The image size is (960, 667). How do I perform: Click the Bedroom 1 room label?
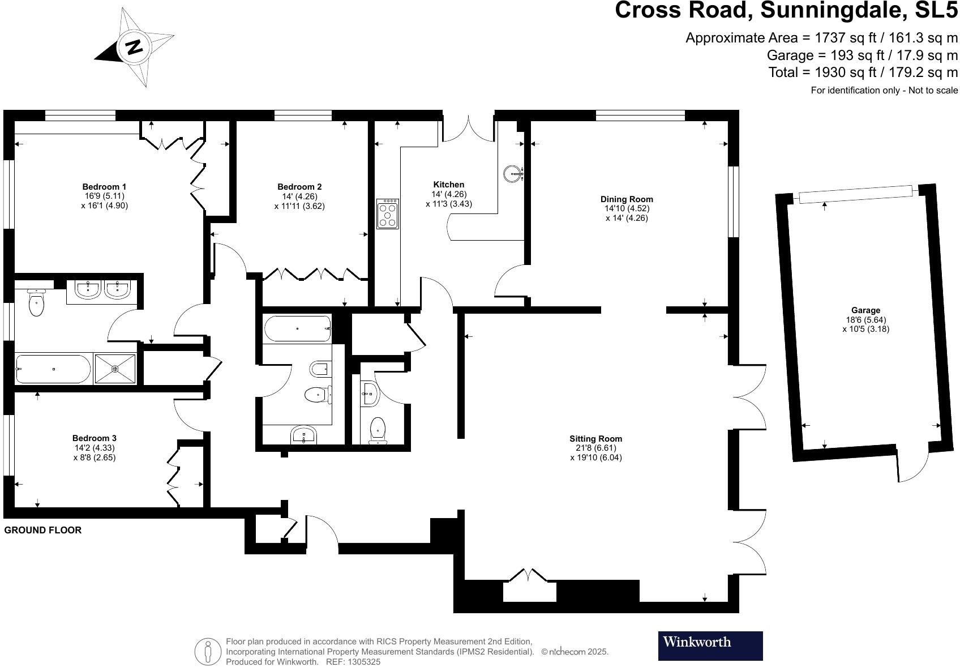[104, 187]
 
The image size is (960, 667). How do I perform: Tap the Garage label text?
[865, 310]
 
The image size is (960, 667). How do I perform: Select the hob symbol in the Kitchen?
[388, 213]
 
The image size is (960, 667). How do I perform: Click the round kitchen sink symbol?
[512, 173]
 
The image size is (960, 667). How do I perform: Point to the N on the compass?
[135, 46]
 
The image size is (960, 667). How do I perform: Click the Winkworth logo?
[710, 645]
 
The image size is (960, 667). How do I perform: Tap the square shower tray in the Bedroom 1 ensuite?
[115, 369]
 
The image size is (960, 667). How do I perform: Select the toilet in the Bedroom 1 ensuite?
[36, 304]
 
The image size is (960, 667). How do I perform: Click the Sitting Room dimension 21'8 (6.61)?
[595, 448]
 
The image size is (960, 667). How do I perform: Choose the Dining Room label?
[627, 199]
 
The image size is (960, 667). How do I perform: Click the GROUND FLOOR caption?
[43, 530]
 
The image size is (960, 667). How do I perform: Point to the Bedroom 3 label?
[95, 438]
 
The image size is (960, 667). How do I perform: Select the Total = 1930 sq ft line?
[863, 72]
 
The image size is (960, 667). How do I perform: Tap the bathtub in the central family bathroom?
[297, 329]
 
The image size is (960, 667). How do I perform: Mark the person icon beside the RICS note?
[208, 652]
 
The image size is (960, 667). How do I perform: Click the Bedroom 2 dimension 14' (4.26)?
[299, 196]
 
